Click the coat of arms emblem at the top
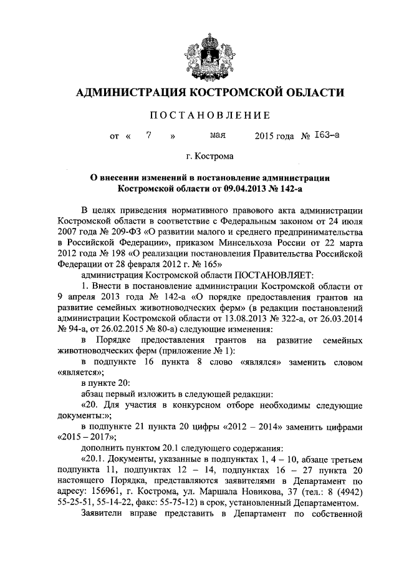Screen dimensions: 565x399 [x=200, y=52]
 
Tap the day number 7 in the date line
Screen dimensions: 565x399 [x=148, y=135]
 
